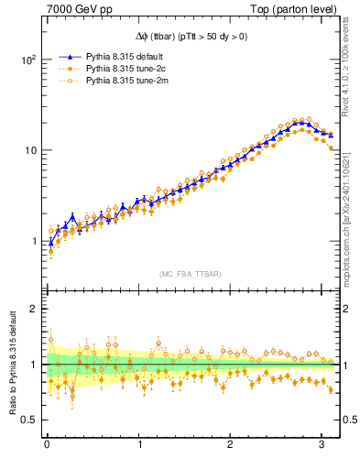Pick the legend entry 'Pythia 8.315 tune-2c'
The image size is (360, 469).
tap(122, 69)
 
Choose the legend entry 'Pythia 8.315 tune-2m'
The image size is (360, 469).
tap(122, 82)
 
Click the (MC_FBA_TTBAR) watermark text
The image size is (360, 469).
tap(191, 275)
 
